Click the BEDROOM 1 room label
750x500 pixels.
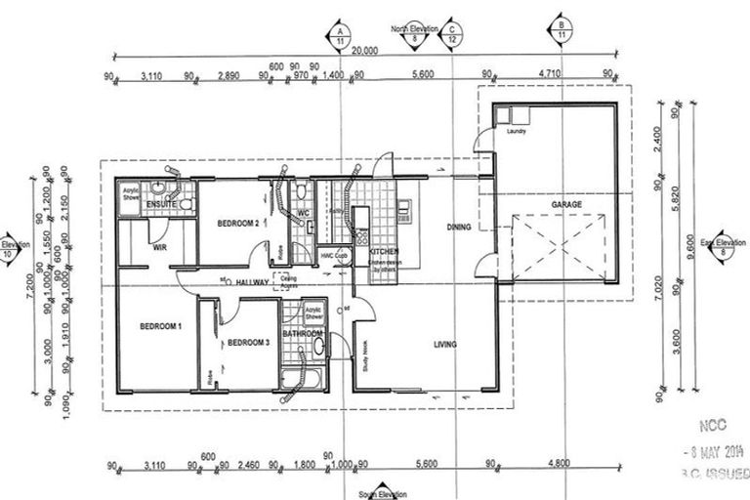pyautogui.click(x=160, y=326)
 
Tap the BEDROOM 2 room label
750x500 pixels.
pyautogui.click(x=237, y=224)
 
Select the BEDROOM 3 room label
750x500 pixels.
pyautogui.click(x=248, y=343)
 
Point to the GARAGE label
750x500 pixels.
pyautogui.click(x=566, y=204)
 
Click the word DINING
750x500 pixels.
pyautogui.click(x=459, y=228)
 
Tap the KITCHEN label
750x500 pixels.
pyautogui.click(x=384, y=251)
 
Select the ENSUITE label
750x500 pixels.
pyautogui.click(x=161, y=205)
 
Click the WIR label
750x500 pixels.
pyautogui.click(x=160, y=248)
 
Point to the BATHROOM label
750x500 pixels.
pyautogui.click(x=303, y=334)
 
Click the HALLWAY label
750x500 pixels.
pyautogui.click(x=251, y=282)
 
